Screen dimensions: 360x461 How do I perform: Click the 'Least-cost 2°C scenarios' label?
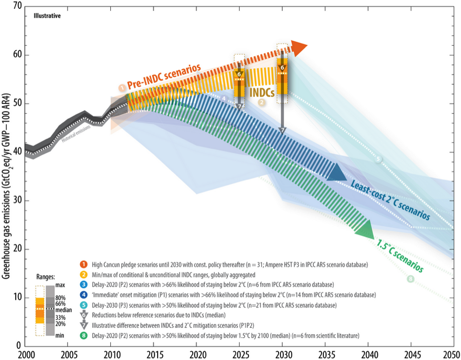[390, 200]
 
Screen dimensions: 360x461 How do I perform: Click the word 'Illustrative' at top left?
[47, 16]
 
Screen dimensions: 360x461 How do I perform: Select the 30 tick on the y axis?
[18, 200]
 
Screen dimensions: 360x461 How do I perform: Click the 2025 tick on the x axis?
[239, 354]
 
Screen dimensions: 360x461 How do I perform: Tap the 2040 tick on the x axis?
[368, 354]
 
